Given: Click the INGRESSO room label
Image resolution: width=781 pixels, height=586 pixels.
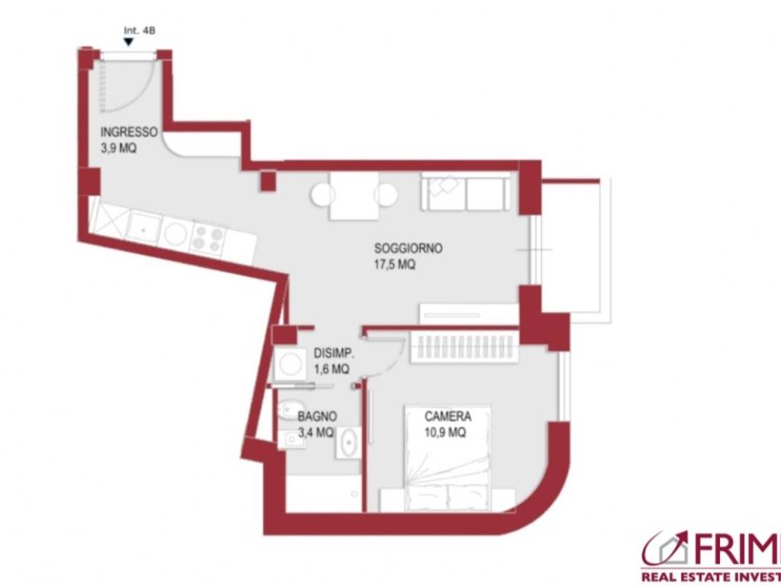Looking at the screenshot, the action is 129,133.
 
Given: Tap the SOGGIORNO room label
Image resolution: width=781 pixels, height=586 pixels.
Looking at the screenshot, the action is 409,248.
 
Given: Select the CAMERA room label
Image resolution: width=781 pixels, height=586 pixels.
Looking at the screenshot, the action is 448,416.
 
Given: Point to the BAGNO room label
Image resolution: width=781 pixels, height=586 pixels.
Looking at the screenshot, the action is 317,416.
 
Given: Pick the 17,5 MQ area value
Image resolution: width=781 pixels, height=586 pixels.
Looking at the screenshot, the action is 395,265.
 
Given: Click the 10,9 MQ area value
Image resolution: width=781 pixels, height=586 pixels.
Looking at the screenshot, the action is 445,433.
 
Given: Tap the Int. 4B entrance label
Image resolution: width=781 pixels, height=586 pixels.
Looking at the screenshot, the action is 140,31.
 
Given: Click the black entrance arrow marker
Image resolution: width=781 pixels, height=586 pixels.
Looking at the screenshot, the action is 128,42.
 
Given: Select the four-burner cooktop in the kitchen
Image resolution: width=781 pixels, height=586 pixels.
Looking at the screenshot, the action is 209,239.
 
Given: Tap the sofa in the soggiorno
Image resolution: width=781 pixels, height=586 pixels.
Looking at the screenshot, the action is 465,192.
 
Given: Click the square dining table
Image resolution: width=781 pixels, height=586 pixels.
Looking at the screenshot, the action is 354,196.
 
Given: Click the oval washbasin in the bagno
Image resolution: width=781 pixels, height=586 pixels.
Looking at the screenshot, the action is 349,442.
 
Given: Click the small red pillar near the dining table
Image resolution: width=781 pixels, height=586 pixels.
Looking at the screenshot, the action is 268,181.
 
